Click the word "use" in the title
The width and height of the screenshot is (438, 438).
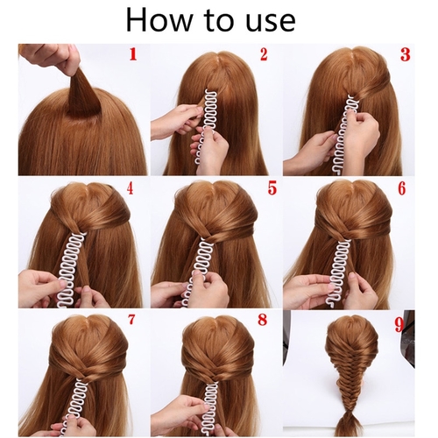[x=271, y=23]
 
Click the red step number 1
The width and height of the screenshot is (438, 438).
[x=133, y=54]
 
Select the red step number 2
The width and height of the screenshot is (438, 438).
[x=264, y=54]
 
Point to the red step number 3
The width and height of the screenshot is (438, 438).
[x=406, y=54]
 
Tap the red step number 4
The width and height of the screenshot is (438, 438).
[x=130, y=188]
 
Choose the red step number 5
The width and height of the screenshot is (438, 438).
[x=272, y=188]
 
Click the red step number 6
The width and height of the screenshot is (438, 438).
[x=402, y=188]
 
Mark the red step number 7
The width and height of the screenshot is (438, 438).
[x=131, y=319]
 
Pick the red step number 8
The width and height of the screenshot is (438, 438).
[x=263, y=319]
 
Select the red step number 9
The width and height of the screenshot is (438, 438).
[x=399, y=325]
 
